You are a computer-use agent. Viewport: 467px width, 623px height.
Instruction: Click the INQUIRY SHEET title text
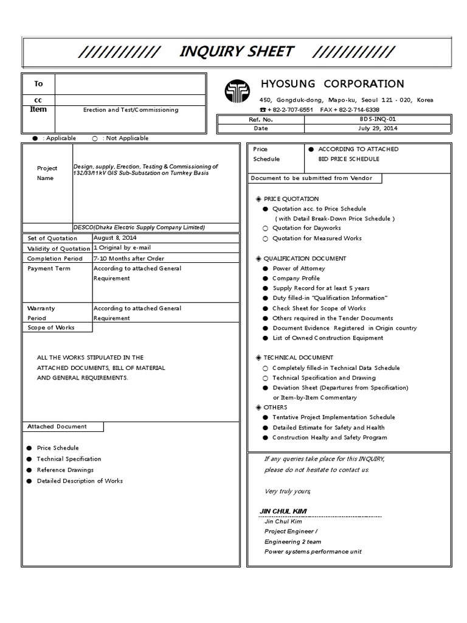click(237, 52)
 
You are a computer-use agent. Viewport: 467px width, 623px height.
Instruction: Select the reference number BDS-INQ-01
click(377, 120)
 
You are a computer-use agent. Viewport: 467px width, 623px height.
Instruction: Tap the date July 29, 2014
click(377, 128)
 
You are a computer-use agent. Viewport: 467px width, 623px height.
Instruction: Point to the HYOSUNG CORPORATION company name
click(331, 84)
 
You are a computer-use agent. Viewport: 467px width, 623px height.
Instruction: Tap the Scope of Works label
click(51, 327)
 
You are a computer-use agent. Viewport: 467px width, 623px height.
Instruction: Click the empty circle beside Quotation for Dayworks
click(265, 228)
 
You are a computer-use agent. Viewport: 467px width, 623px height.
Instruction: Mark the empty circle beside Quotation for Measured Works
click(265, 238)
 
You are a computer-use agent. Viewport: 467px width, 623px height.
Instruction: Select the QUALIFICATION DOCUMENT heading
click(302, 259)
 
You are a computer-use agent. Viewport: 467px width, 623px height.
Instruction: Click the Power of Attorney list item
click(299, 268)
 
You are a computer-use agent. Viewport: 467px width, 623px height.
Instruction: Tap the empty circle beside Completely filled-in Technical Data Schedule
click(265, 368)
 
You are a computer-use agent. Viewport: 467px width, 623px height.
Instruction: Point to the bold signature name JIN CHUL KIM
click(283, 510)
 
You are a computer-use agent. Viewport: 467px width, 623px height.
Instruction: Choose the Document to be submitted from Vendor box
click(316, 178)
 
